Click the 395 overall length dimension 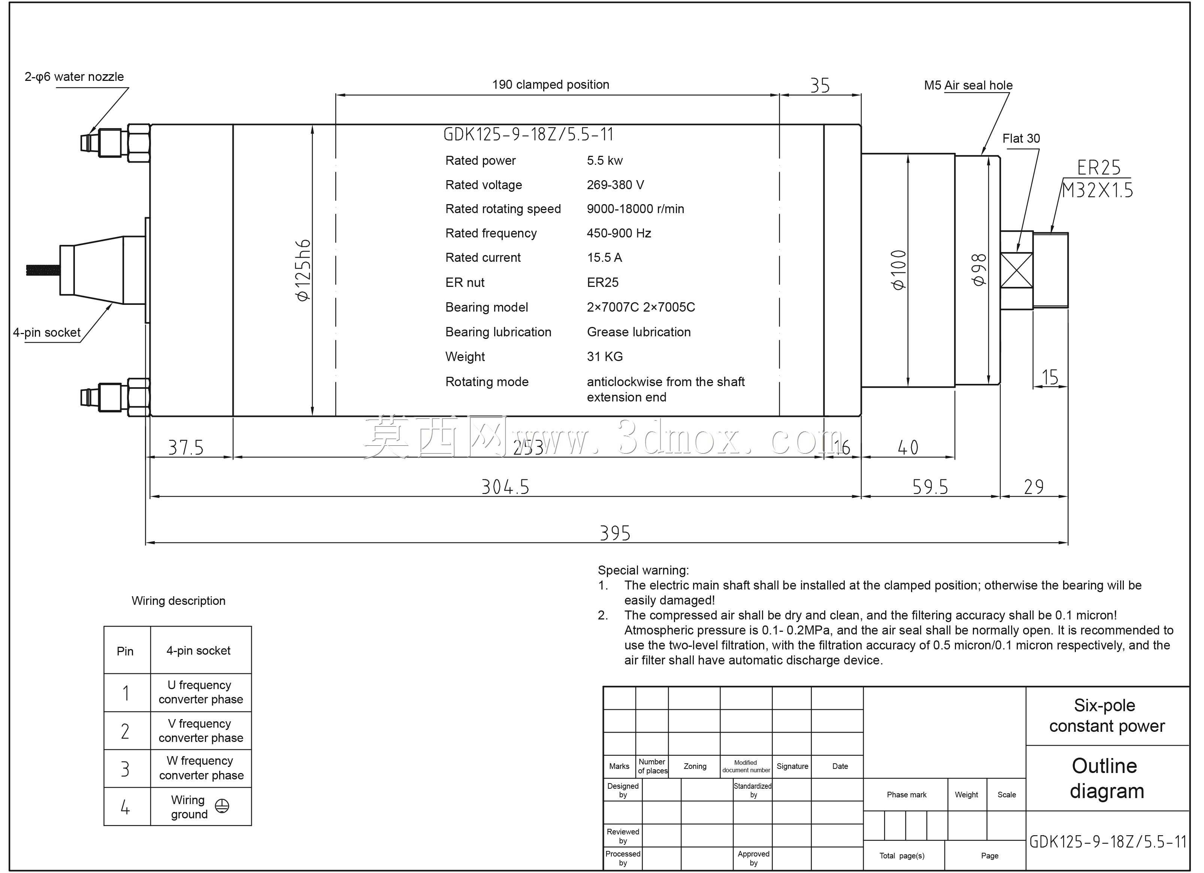tap(615, 533)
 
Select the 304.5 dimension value tap(505, 486)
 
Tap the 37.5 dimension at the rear tap(186, 448)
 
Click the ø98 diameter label tap(978, 270)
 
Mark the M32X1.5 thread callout tap(1097, 190)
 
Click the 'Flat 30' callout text tap(1021, 139)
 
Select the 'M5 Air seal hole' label tap(968, 85)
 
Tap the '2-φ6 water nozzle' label tap(74, 77)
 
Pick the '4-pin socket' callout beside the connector tap(47, 333)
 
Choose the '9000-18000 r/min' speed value tap(635, 209)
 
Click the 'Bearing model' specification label tap(487, 307)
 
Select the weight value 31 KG tap(605, 357)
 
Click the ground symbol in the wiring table tap(222, 806)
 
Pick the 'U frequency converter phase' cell tap(201, 692)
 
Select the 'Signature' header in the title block tap(792, 766)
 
